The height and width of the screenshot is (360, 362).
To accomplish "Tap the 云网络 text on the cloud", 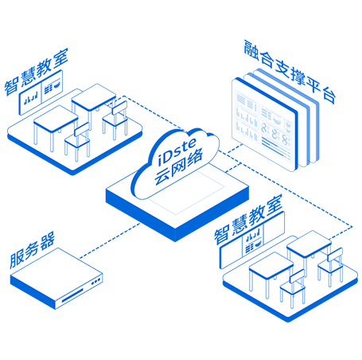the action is pos(179,166).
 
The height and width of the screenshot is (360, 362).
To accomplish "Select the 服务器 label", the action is pos(32,249).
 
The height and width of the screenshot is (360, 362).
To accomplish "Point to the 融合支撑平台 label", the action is pos(290,72).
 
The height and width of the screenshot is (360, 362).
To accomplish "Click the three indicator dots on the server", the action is pos(95,281).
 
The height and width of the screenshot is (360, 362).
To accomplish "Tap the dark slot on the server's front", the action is pos(72,295).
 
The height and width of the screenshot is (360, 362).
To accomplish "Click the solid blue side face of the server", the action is pos(33,292).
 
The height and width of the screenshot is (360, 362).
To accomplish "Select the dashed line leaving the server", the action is pos(110,241).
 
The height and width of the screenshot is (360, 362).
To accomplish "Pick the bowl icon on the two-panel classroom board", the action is pos(56,85).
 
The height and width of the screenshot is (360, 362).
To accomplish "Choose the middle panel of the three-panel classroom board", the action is pos(253,242).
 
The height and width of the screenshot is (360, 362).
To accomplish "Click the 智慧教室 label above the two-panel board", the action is pos(37,72).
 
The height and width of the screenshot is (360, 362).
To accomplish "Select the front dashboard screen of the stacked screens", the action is pos(265,124).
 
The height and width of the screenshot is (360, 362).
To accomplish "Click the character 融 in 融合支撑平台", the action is pos(251,50).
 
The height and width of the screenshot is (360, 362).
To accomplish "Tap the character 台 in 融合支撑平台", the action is pos(329,96).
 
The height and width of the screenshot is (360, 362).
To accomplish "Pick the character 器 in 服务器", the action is pos(48,241).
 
